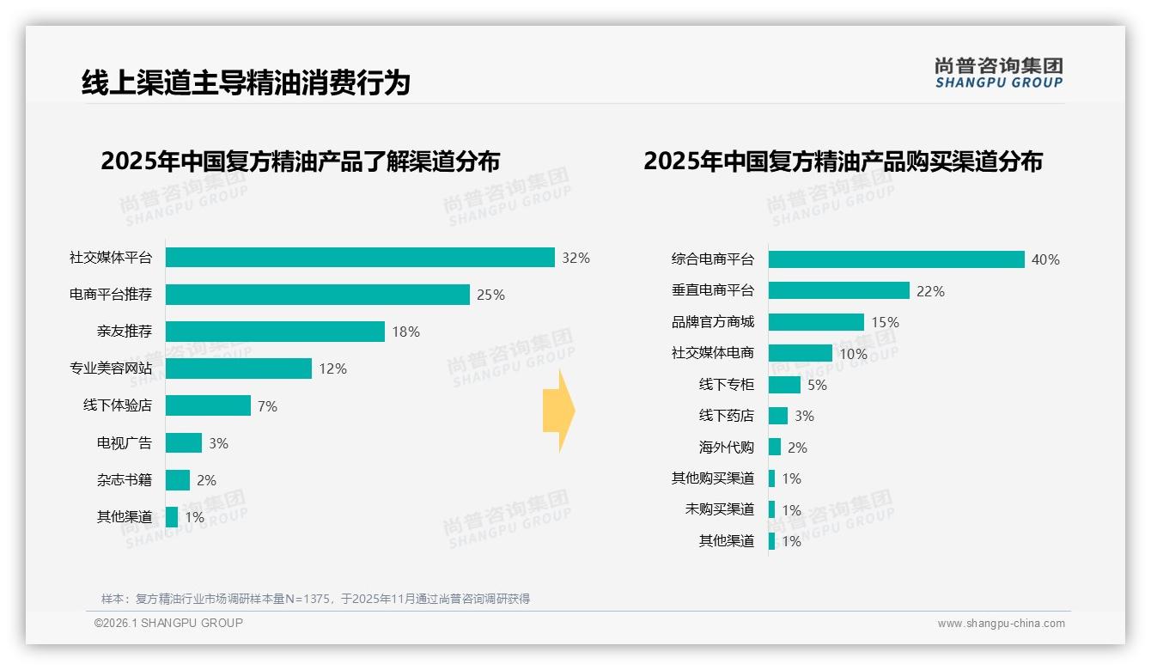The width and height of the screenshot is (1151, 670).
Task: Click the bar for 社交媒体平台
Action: [360, 258]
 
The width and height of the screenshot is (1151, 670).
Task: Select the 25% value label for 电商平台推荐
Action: [490, 295]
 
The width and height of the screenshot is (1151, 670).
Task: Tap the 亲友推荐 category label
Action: [124, 332]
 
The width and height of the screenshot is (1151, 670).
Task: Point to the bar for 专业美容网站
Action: [239, 368]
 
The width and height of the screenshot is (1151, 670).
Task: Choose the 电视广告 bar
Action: [184, 443]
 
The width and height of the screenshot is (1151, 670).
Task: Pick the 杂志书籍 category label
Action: [124, 480]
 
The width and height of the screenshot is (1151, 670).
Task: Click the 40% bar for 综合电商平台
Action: [896, 259]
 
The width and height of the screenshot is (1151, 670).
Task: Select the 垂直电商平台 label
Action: [712, 291]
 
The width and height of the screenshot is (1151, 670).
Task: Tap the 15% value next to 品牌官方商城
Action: [885, 323]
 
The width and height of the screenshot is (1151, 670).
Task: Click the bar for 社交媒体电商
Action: [800, 353]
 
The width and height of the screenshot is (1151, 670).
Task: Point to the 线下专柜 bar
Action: [784, 385]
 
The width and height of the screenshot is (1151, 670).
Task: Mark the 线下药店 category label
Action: [726, 416]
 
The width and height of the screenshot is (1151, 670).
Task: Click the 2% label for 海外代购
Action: [797, 448]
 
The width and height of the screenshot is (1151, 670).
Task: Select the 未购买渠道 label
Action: [719, 509]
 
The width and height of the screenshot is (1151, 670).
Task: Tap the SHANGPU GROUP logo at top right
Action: [998, 73]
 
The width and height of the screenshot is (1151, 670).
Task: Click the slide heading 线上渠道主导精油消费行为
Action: [246, 82]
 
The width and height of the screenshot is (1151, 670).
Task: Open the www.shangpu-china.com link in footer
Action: [1001, 624]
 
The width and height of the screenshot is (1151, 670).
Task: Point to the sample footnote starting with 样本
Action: [315, 599]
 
